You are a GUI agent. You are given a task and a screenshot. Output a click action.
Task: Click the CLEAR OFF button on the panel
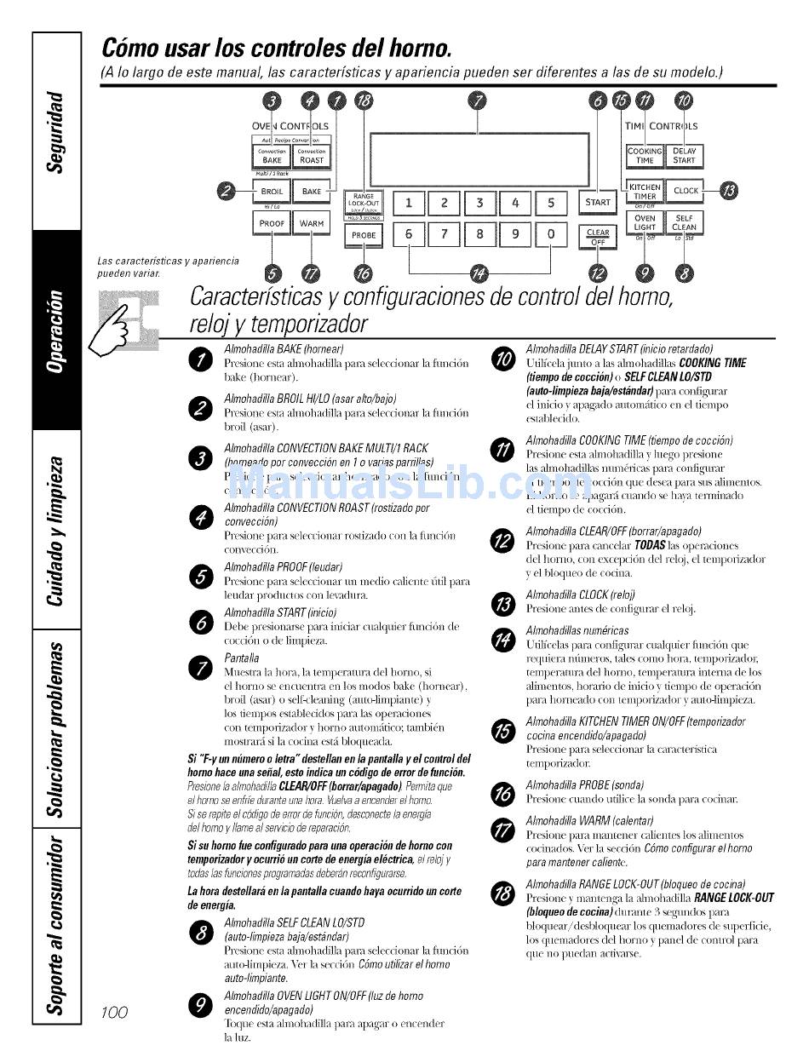598,235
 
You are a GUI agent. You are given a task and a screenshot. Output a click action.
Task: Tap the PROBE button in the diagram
364,234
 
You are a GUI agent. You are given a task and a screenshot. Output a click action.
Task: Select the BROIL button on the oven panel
272,192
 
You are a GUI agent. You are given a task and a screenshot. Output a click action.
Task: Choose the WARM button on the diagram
312,223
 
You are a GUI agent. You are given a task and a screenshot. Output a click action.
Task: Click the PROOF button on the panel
272,223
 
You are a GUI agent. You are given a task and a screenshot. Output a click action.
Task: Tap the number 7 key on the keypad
444,233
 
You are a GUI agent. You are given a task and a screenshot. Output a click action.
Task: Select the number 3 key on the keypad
479,203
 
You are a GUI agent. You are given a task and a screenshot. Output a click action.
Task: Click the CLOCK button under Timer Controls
686,191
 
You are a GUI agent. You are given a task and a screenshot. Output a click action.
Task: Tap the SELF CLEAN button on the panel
684,222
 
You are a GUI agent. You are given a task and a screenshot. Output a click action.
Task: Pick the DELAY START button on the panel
684,155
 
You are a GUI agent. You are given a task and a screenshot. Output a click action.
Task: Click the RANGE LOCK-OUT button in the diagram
364,202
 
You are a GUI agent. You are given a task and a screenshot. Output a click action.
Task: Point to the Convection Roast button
312,156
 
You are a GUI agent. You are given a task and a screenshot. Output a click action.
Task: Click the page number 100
113,1011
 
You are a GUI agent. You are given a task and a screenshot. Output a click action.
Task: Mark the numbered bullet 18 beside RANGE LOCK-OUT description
503,892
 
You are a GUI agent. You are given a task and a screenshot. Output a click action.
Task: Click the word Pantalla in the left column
242,658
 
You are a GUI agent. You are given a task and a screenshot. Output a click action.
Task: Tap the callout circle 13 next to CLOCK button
730,191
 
